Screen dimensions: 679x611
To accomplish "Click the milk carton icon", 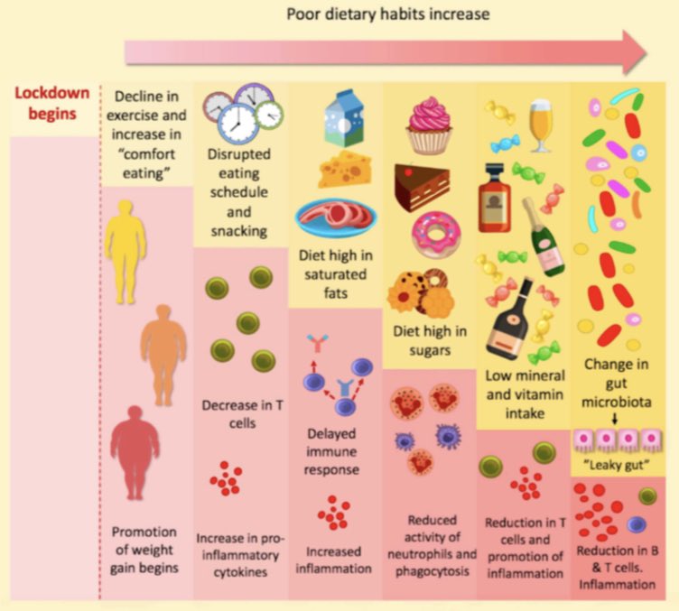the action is tap(345, 117).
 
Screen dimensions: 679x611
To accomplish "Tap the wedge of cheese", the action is tap(345, 169).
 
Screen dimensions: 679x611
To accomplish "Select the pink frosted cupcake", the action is tap(429, 125).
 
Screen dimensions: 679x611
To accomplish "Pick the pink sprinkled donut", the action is tap(436, 234).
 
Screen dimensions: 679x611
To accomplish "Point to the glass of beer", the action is tap(541, 125).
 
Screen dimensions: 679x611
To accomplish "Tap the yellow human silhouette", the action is tap(126, 251).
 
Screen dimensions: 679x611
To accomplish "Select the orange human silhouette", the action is tap(163, 355).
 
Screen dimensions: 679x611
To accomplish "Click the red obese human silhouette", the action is tap(135, 453).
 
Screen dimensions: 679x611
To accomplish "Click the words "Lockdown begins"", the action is tap(52, 104).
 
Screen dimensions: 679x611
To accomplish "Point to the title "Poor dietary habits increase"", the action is tap(388, 14).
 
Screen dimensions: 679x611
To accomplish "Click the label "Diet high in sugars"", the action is tap(430, 340).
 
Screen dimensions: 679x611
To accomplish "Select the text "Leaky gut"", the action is tap(617, 465).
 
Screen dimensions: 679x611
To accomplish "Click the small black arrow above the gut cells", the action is tap(615, 419).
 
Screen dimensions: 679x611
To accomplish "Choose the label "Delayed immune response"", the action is tap(331, 451).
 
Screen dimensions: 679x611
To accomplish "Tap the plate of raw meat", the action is tap(336, 218).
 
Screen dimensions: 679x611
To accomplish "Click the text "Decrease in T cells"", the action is tap(242, 414).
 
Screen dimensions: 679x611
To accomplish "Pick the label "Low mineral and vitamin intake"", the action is tap(525, 394).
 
